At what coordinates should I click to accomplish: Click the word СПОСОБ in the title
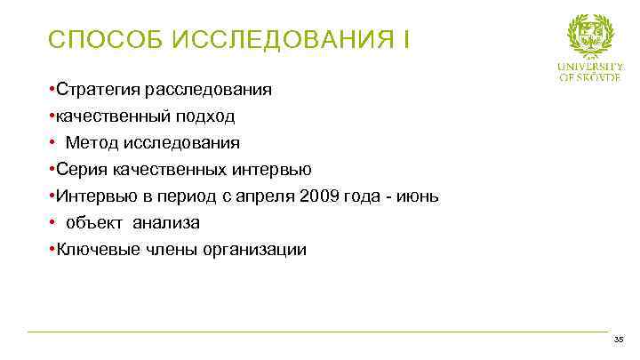[100, 40]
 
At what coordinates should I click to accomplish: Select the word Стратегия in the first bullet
[97, 90]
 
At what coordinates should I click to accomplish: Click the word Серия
[81, 170]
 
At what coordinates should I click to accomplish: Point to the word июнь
[420, 196]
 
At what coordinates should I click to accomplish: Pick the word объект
[94, 223]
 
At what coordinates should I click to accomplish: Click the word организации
[252, 250]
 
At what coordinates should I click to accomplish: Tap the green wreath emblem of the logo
[590, 36]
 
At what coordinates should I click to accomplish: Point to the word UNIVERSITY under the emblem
[590, 67]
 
